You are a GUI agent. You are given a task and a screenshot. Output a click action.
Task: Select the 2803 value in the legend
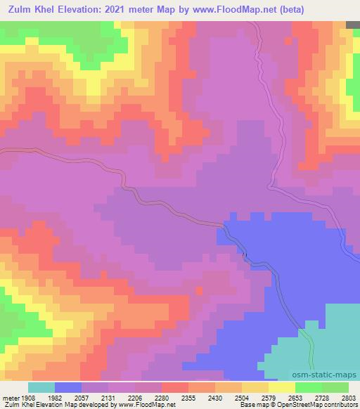click(349, 397)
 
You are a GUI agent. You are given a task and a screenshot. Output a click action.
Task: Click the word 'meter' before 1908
click(11, 397)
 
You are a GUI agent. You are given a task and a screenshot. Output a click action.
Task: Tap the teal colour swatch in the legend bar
click(41, 387)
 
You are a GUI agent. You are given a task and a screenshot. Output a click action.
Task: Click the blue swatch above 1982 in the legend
click(68, 387)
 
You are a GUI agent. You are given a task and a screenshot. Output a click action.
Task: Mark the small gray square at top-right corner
click(353, 25)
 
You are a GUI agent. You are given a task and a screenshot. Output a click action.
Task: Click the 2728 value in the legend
click(323, 397)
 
